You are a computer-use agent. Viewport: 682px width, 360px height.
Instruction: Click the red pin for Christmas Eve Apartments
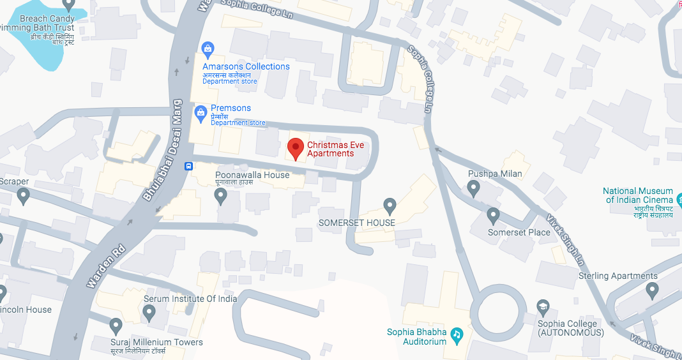(x=295, y=148)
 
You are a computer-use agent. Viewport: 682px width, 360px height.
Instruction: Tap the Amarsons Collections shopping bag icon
(x=207, y=49)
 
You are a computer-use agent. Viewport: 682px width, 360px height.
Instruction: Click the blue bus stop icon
(x=189, y=167)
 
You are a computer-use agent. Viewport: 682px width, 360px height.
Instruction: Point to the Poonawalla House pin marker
(x=222, y=195)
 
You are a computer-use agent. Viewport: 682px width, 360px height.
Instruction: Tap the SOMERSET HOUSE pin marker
(x=390, y=206)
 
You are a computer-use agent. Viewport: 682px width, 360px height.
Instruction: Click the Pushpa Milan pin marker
(x=473, y=188)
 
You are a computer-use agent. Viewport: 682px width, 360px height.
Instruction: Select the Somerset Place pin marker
(x=493, y=215)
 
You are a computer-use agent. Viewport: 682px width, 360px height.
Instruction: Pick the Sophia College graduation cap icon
(x=543, y=307)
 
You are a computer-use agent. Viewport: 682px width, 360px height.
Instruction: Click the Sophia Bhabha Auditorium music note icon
(x=457, y=334)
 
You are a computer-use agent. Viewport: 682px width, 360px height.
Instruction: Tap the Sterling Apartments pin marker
(x=652, y=290)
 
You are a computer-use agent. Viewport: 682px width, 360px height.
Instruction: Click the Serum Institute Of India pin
(x=149, y=313)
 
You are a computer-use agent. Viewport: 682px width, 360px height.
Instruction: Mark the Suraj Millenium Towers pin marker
(x=116, y=326)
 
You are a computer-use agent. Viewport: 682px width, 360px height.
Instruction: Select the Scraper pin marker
(x=23, y=196)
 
